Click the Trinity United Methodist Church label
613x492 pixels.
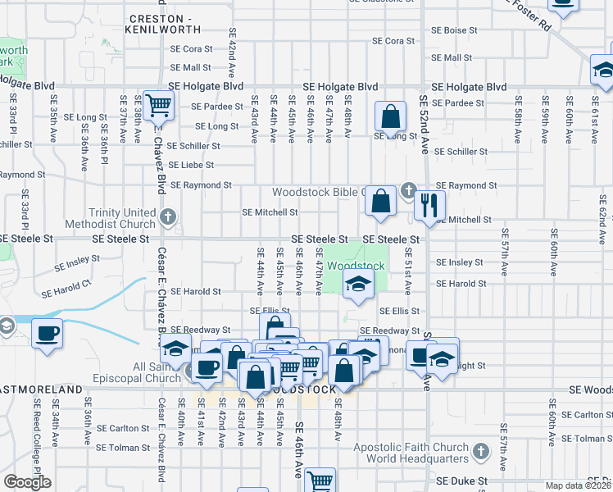122,218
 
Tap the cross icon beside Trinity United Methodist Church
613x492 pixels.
168,217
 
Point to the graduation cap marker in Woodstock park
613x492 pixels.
358,285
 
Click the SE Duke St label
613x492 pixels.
462,481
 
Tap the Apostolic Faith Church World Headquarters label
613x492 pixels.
410,453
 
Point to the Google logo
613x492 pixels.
27,482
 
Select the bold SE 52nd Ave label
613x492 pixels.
425,123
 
